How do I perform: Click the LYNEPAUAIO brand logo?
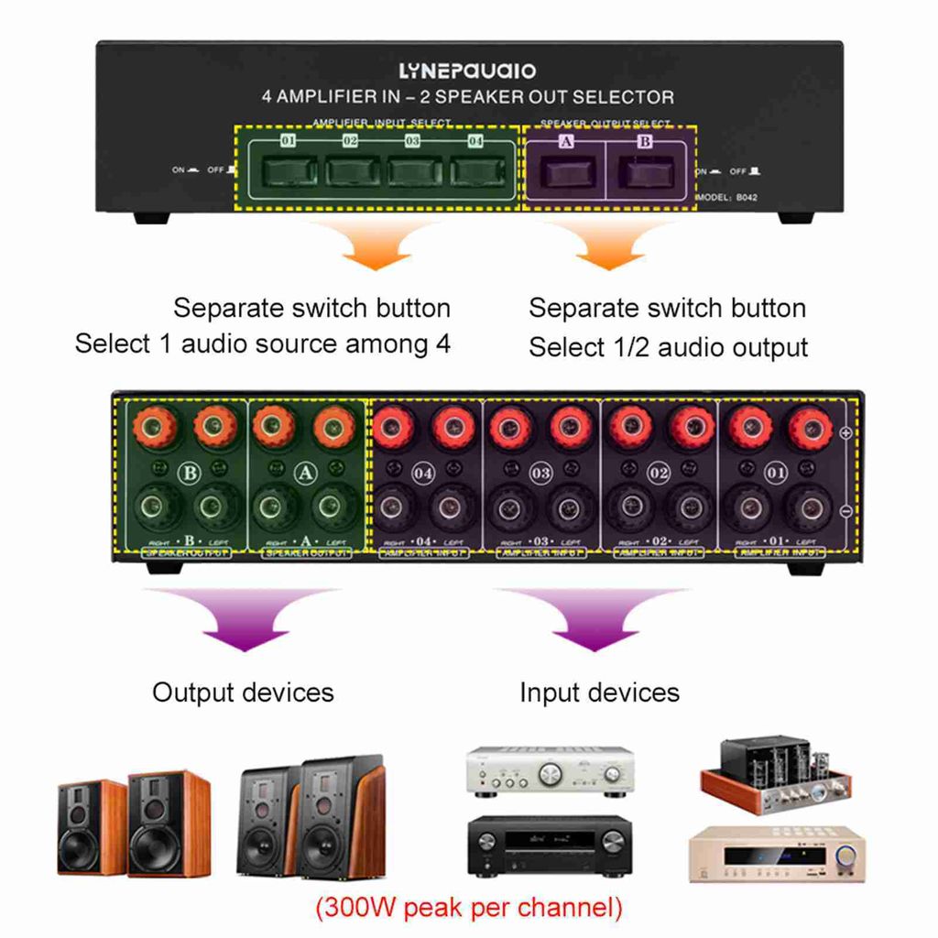468,71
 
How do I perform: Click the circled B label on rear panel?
191,474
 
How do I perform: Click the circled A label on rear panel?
306,474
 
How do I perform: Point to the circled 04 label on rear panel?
423,474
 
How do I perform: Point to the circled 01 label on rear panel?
777,474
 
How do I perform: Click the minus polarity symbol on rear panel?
846,510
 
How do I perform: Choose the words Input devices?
599,692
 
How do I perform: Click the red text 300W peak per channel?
468,908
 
